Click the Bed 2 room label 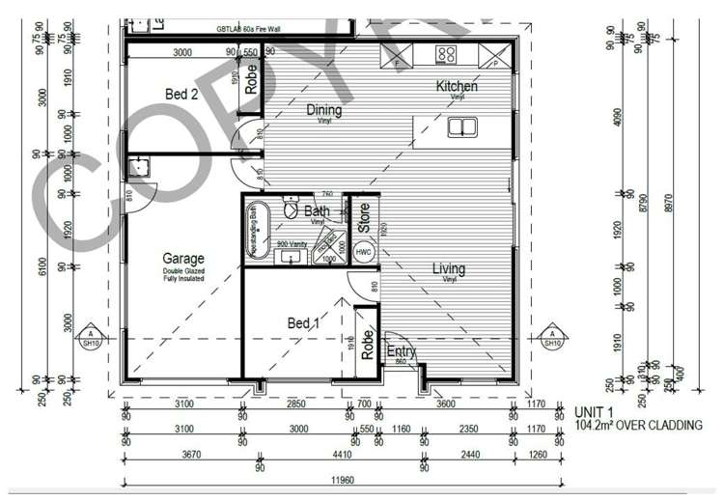(x=181, y=94)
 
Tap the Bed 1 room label (x=303, y=323)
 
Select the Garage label (x=182, y=259)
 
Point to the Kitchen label (x=457, y=87)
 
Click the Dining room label (x=324, y=110)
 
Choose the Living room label (x=448, y=268)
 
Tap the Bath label (x=317, y=210)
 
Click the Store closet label (x=364, y=218)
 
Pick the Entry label (x=401, y=352)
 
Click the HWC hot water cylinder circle (x=363, y=252)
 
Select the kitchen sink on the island (x=463, y=126)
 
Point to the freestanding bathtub (x=259, y=229)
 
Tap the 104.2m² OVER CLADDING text (x=637, y=424)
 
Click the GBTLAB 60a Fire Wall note (x=250, y=31)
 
